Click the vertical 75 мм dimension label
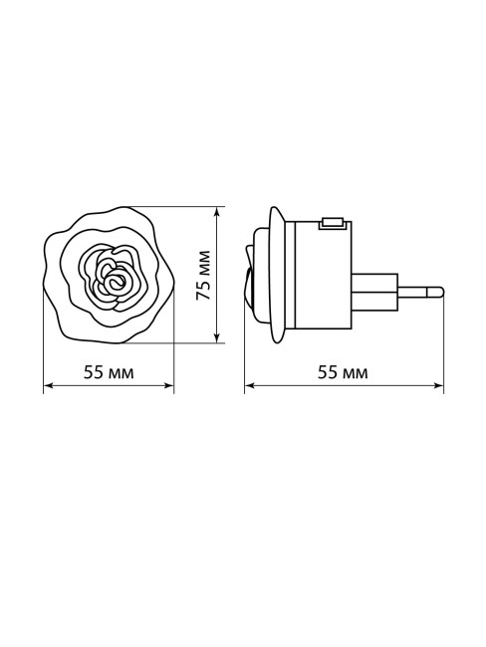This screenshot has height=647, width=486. [203, 275]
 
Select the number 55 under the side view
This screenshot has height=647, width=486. [327, 373]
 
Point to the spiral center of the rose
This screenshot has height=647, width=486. [115, 282]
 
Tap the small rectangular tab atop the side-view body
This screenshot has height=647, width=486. [333, 223]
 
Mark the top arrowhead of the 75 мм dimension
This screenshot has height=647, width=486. [218, 211]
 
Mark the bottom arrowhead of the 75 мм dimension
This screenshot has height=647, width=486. [218, 338]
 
